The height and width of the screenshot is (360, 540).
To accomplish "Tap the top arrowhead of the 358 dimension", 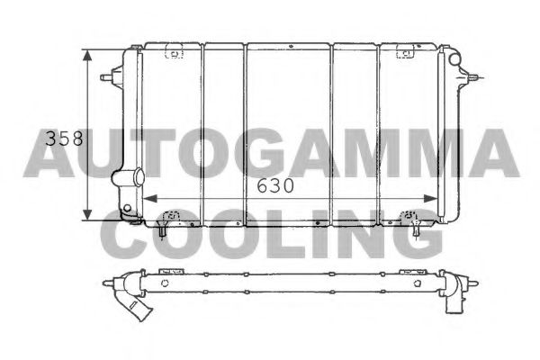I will pos(87,54).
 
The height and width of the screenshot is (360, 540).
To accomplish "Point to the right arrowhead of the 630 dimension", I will pos(440,198).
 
